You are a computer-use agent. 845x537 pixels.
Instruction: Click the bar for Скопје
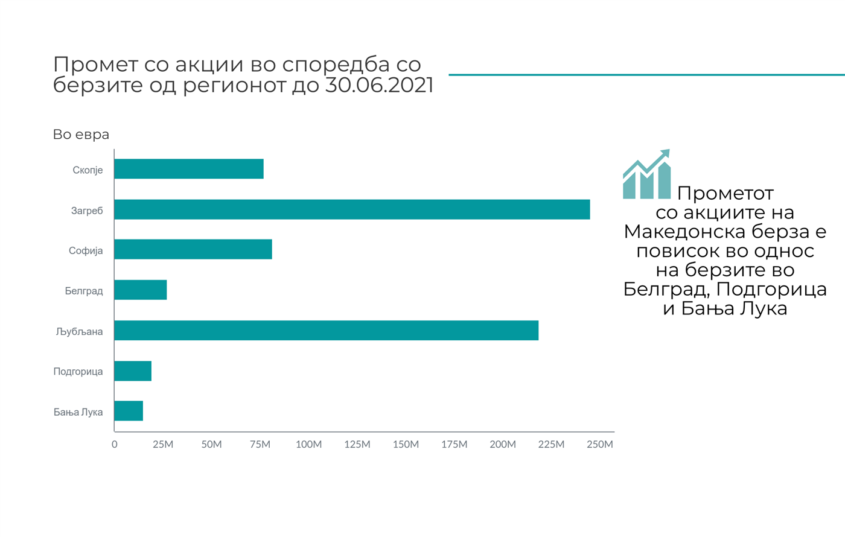(x=189, y=169)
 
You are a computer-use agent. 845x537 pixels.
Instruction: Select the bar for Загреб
(x=352, y=209)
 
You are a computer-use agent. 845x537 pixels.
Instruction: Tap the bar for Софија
(x=193, y=249)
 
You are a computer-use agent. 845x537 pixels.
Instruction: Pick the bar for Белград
(x=141, y=290)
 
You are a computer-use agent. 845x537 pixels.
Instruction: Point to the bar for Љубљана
(x=326, y=330)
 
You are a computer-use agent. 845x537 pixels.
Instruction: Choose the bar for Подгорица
(x=133, y=371)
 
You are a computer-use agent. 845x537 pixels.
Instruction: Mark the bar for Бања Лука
(x=129, y=411)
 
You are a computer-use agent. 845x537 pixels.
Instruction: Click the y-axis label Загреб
(x=87, y=211)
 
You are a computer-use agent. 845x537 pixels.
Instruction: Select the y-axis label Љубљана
(x=79, y=331)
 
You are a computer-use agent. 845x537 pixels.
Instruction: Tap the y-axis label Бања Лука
(x=78, y=412)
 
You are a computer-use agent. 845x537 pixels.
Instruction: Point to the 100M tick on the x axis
(x=308, y=445)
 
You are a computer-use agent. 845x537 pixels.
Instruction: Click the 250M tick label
(x=600, y=445)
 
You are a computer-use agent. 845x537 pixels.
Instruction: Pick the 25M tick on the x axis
(x=163, y=445)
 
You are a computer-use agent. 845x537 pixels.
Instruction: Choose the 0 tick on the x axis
(x=115, y=445)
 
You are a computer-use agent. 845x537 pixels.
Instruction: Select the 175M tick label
(x=454, y=445)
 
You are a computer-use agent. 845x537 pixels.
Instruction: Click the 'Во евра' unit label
(x=81, y=135)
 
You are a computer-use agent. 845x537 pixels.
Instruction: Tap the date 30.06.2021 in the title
(x=379, y=86)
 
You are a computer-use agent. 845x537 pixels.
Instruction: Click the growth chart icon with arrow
(x=646, y=174)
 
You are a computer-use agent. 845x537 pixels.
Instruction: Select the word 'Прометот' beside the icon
(x=725, y=194)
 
